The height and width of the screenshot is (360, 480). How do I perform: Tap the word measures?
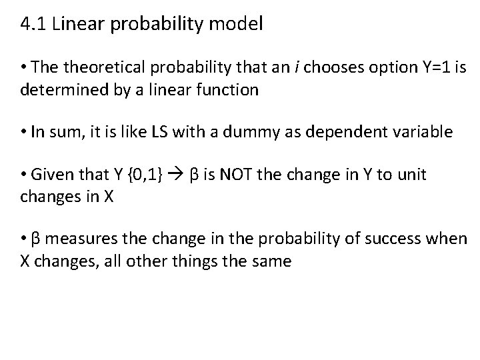(84, 239)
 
